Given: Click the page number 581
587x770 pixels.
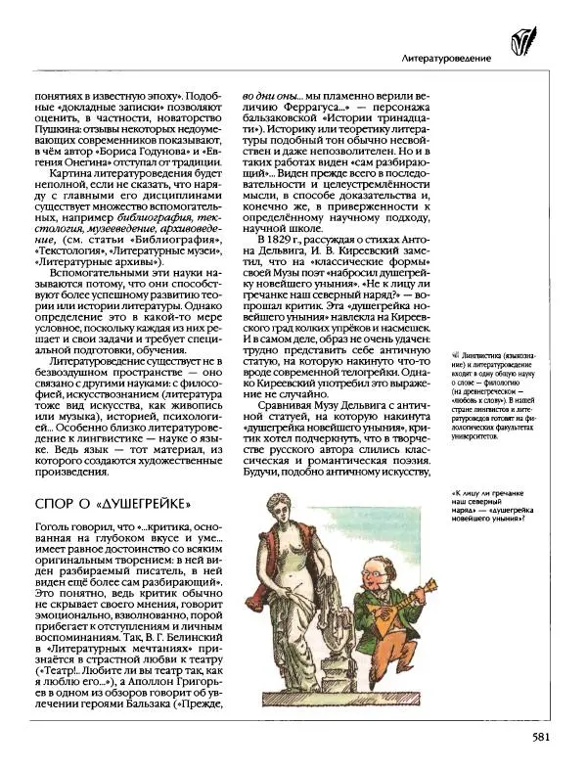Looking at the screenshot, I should [547, 740].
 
